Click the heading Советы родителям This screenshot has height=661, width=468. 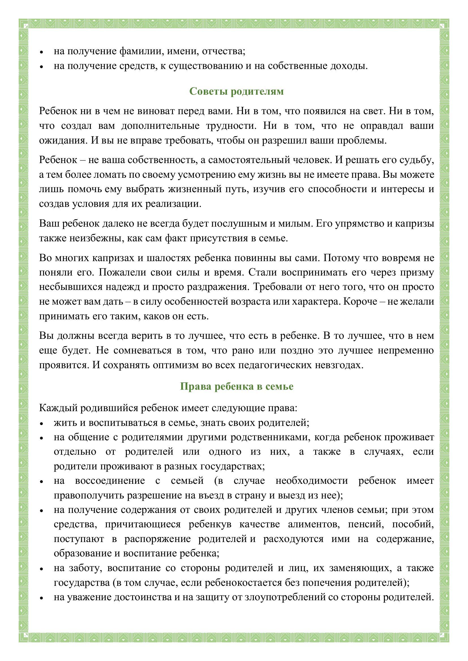click(x=236, y=91)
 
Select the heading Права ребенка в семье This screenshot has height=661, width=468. click(x=236, y=386)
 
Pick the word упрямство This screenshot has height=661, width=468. click(x=358, y=224)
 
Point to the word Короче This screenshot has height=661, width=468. click(x=361, y=302)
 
